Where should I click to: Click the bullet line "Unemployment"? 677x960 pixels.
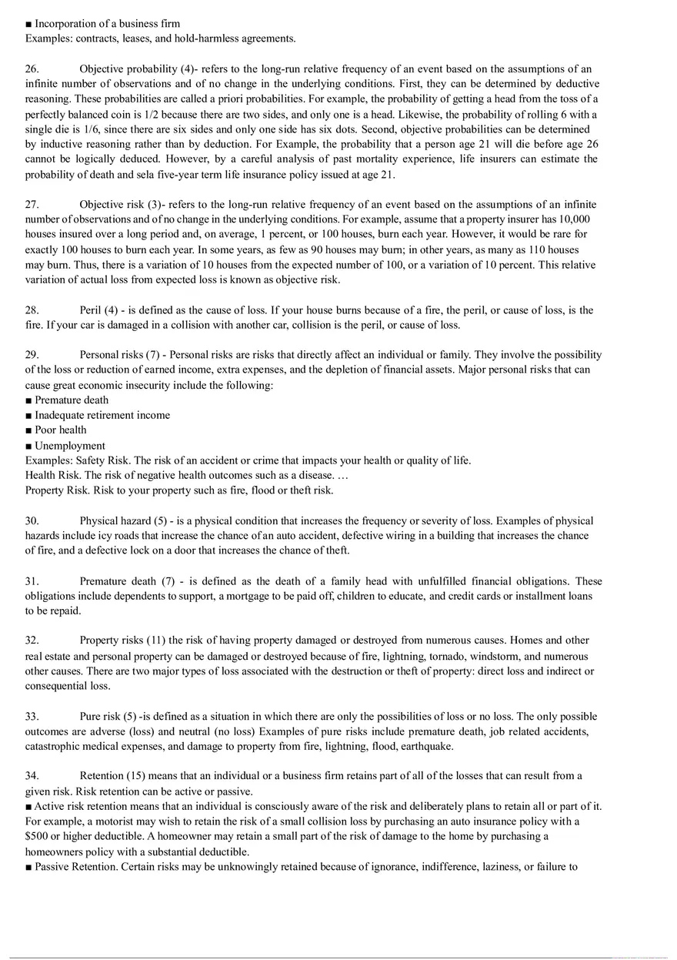click(x=70, y=446)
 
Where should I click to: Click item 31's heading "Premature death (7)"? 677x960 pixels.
click(x=127, y=581)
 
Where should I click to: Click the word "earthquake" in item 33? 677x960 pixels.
click(x=427, y=747)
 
